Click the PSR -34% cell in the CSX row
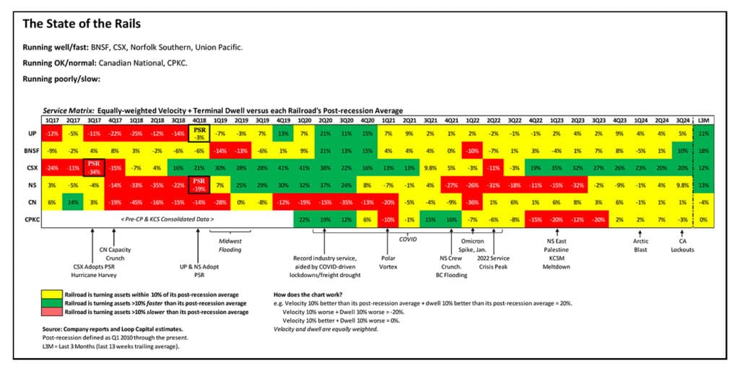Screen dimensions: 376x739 (x=94, y=169)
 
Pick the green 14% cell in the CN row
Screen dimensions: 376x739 (x=73, y=202)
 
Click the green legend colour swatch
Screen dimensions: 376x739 (x=52, y=303)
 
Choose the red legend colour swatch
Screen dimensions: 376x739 (x=52, y=312)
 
